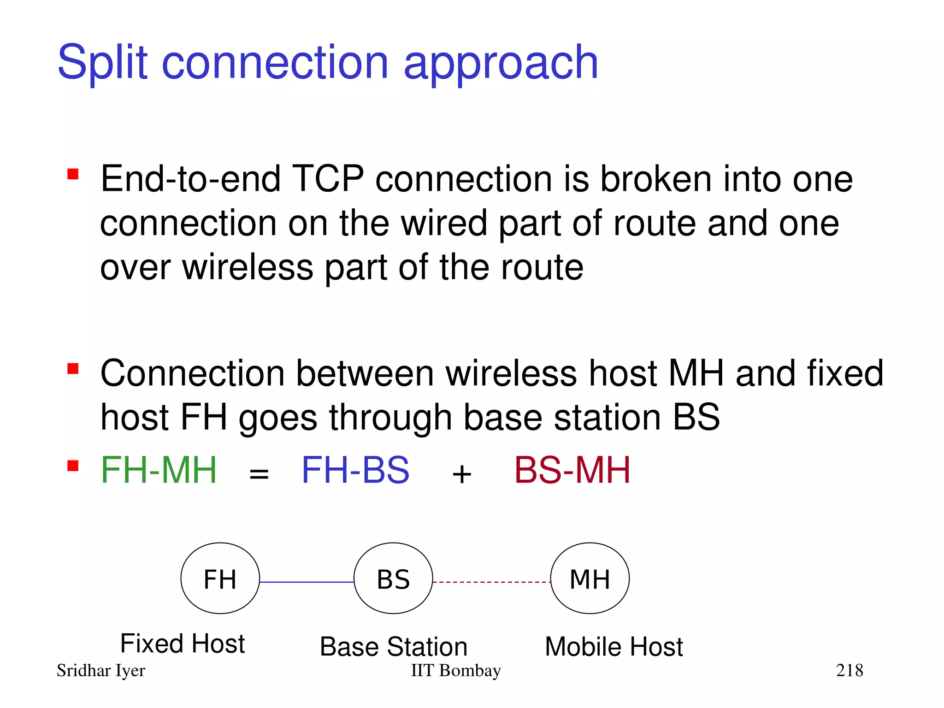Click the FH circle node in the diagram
[x=220, y=578]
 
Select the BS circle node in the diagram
[x=393, y=578]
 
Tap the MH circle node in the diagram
[x=590, y=578]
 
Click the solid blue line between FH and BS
[x=307, y=582]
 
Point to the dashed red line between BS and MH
[x=491, y=582]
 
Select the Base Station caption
[x=394, y=646]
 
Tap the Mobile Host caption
[x=614, y=646]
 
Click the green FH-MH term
[x=159, y=470]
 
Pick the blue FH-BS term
[x=355, y=470]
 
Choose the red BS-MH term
[x=572, y=470]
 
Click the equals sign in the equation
[x=259, y=474]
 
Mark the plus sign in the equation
[x=462, y=474]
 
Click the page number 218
[x=850, y=670]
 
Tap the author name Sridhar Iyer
[x=101, y=671]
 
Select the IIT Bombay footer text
[x=456, y=671]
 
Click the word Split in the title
[x=102, y=63]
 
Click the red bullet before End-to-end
[x=73, y=174]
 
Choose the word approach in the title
[x=501, y=64]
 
